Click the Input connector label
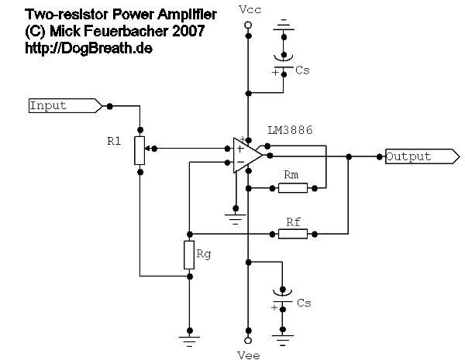click(x=66, y=105)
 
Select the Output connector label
click(x=422, y=156)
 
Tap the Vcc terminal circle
click(x=248, y=25)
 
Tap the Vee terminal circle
click(x=249, y=340)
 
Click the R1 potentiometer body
click(x=139, y=150)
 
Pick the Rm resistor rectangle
click(x=293, y=188)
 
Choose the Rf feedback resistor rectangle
click(x=293, y=234)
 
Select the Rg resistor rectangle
click(x=189, y=255)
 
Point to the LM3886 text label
click(x=290, y=130)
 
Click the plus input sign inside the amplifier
click(x=240, y=149)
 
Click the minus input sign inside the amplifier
click(x=240, y=162)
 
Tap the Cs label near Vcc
click(x=302, y=70)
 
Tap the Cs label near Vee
click(x=304, y=303)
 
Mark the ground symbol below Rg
click(x=190, y=341)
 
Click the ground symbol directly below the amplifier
click(x=236, y=219)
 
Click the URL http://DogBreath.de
click(x=88, y=48)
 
